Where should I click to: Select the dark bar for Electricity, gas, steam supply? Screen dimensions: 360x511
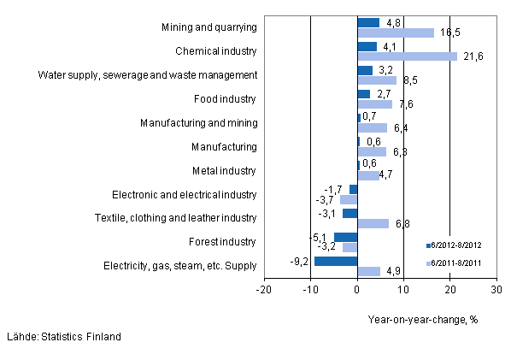pyautogui.click(x=336, y=261)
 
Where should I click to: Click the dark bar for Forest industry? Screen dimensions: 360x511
pyautogui.click(x=345, y=237)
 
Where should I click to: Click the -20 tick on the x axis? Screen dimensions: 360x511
pyautogui.click(x=264, y=291)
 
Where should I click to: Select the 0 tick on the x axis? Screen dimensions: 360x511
pyautogui.click(x=357, y=291)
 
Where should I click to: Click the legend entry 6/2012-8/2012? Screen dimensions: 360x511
pyautogui.click(x=459, y=245)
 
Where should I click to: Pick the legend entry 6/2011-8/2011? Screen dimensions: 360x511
pyautogui.click(x=459, y=263)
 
